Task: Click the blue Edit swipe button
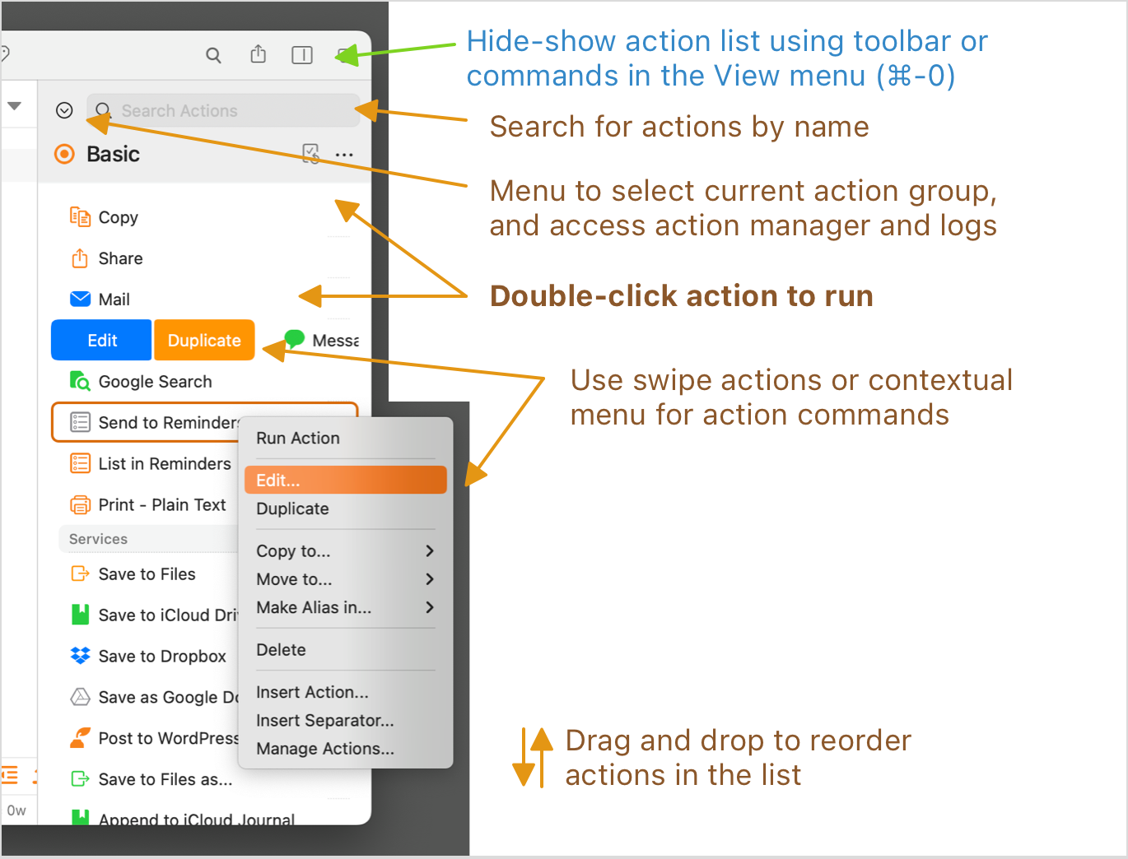coord(102,341)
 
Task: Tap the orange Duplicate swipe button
coord(204,341)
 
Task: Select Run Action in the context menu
coord(298,439)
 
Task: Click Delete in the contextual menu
coord(281,650)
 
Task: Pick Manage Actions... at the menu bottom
coord(325,749)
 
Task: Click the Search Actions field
coord(222,110)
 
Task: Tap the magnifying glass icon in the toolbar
coord(213,55)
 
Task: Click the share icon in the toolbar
coord(259,54)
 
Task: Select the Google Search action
coord(155,382)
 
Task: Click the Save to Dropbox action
coord(162,657)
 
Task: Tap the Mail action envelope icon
coord(81,299)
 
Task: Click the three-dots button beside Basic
coord(344,155)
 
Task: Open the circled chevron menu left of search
coord(64,110)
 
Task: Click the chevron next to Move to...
coord(429,579)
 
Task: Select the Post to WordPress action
coord(167,739)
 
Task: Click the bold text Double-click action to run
coord(681,296)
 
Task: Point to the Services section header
coord(99,539)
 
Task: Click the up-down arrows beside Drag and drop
coord(533,758)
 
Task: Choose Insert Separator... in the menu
coord(325,721)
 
